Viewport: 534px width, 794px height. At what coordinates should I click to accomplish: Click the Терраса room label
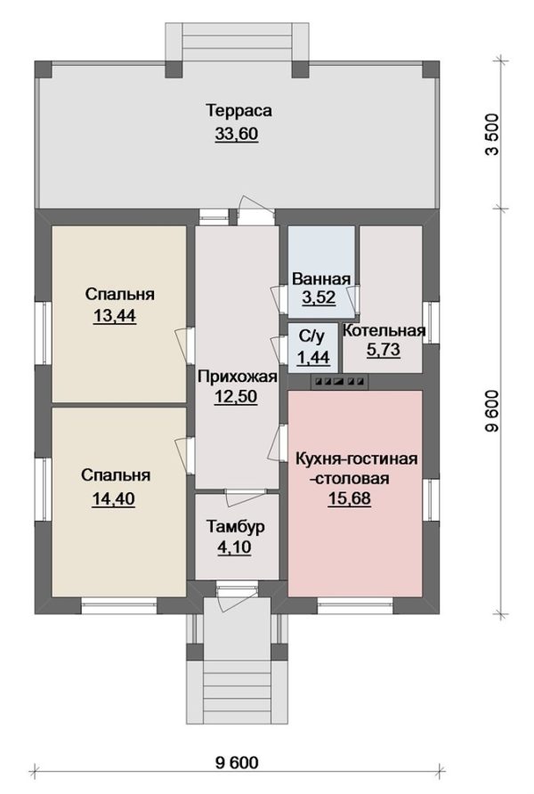pos(239,110)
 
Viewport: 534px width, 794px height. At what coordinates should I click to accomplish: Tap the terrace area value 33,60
pos(237,134)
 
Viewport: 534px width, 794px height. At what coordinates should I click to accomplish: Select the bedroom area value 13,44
pos(115,316)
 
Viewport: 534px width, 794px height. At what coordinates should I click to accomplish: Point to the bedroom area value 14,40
pos(113,499)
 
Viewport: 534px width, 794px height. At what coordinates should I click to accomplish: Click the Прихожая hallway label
pos(238,377)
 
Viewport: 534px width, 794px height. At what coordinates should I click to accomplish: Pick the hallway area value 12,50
pos(236,397)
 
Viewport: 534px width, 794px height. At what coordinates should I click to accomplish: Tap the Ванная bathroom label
pos(321,279)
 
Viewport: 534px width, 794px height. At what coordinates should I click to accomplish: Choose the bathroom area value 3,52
pos(319,297)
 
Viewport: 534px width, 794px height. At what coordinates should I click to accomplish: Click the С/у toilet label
pos(311,336)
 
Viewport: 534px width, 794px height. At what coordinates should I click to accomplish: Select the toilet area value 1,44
pos(313,358)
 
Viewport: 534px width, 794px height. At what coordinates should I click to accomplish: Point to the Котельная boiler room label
pos(384,330)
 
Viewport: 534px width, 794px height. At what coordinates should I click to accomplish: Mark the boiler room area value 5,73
pos(384,350)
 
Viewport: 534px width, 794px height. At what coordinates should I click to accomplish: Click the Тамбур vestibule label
pos(235,527)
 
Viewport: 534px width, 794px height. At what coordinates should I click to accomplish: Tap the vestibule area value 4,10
pos(234,548)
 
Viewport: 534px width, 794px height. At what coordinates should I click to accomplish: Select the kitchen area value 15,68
pos(349,498)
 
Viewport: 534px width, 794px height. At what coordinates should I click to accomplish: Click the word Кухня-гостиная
pos(356,459)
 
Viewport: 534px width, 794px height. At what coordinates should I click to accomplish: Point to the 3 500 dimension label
pos(492,134)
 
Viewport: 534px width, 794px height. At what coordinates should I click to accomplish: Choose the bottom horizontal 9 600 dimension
pos(237,763)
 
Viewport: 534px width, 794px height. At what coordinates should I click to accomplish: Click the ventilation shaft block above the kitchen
pos(338,381)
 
